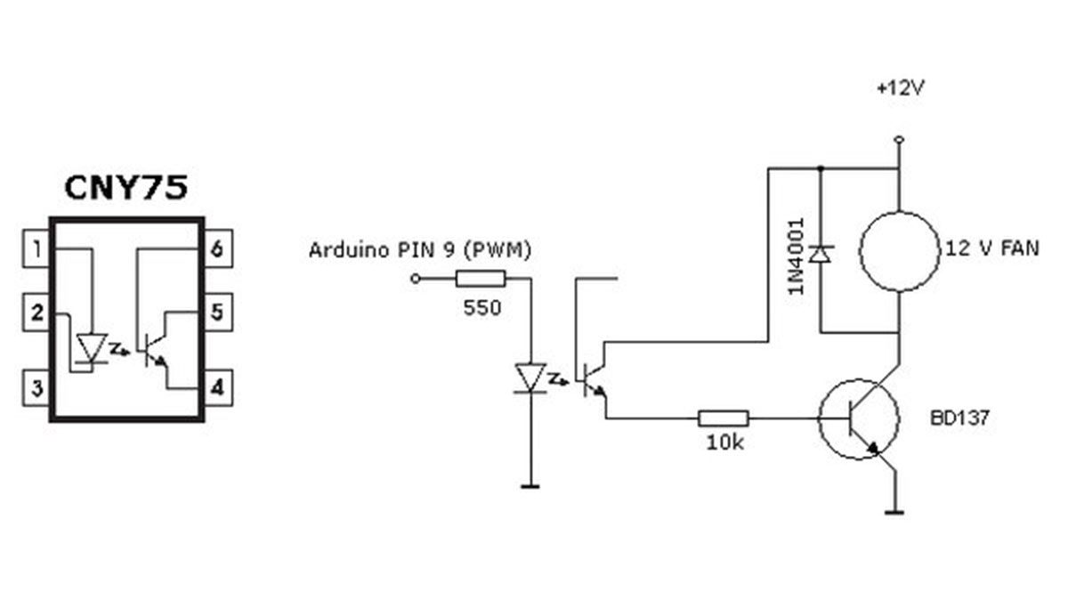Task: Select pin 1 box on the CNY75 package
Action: pyautogui.click(x=36, y=248)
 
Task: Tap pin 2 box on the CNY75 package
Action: pyautogui.click(x=36, y=313)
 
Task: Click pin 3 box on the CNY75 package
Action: pyautogui.click(x=36, y=388)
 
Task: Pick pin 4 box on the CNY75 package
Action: pyautogui.click(x=217, y=388)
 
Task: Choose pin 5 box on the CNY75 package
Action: pyautogui.click(x=217, y=313)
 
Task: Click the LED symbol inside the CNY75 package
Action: pyautogui.click(x=91, y=348)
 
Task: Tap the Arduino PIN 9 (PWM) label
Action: pyautogui.click(x=420, y=250)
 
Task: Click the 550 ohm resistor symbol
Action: pyautogui.click(x=481, y=280)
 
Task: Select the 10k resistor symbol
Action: pyautogui.click(x=724, y=417)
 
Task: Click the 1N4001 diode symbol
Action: pyautogui.click(x=821, y=255)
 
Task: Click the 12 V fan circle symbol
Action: pyautogui.click(x=898, y=250)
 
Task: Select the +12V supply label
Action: pyautogui.click(x=898, y=89)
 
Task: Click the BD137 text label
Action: pyautogui.click(x=958, y=418)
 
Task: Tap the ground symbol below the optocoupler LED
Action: pyautogui.click(x=530, y=485)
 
